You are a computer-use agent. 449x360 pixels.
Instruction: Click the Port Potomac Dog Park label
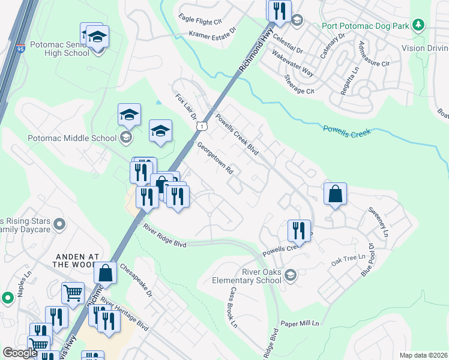click(x=359, y=25)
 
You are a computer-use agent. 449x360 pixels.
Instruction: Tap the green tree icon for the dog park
click(x=419, y=25)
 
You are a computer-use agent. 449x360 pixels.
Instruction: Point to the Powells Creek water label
click(x=346, y=129)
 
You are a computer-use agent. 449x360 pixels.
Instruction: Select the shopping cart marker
click(x=73, y=293)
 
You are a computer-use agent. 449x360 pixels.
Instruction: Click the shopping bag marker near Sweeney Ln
click(x=335, y=194)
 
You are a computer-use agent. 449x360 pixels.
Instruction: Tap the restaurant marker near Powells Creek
click(x=298, y=230)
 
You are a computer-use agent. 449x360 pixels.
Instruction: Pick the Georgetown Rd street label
click(x=215, y=158)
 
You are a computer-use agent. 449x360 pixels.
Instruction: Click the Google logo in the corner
click(x=20, y=353)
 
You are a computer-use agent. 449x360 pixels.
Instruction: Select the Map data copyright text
click(x=423, y=355)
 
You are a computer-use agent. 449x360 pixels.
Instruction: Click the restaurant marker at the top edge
click(x=279, y=10)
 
